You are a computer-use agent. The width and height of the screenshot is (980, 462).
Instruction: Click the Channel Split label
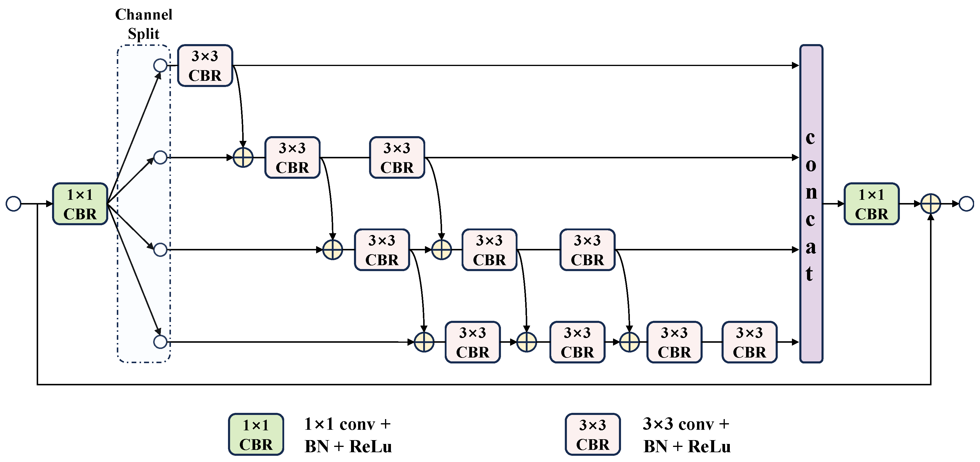tap(143, 24)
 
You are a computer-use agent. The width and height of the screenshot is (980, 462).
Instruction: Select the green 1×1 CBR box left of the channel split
tap(80, 204)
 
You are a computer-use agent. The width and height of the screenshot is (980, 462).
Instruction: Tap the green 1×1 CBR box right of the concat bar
tap(871, 204)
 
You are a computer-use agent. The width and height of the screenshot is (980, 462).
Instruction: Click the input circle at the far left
tap(14, 204)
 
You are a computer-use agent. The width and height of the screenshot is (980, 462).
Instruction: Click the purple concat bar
tap(811, 204)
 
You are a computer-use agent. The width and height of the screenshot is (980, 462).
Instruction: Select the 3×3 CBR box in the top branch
tap(205, 65)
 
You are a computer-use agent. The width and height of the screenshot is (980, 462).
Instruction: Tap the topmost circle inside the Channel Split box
tap(160, 65)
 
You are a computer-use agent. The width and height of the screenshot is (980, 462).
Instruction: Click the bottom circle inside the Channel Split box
tap(160, 342)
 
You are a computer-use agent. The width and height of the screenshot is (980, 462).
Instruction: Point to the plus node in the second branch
tap(243, 157)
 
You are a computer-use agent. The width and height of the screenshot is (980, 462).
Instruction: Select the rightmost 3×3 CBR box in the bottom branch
tap(749, 342)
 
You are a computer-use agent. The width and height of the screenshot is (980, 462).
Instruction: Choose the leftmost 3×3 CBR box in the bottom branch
tap(473, 342)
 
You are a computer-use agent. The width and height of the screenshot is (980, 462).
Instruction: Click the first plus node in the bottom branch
tap(424, 342)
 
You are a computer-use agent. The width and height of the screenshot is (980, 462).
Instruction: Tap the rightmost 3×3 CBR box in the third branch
tap(587, 250)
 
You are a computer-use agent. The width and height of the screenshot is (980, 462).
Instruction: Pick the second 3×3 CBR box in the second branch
tap(397, 157)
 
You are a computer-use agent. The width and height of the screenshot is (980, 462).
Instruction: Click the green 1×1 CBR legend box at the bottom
tap(256, 434)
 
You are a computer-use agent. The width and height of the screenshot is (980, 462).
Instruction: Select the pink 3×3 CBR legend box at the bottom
tap(592, 434)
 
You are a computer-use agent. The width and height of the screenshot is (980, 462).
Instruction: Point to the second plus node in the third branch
tap(441, 250)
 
